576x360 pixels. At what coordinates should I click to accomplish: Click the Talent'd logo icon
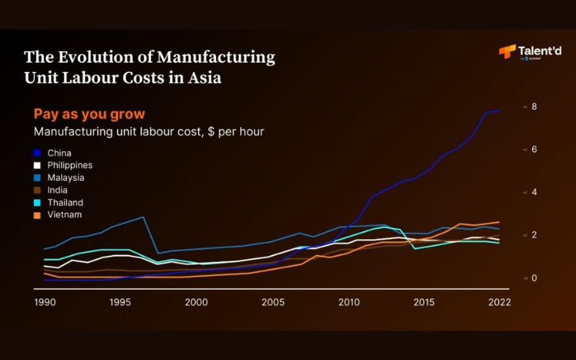click(507, 51)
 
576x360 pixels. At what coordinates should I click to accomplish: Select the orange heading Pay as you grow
click(89, 114)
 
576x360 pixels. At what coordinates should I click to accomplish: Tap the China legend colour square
click(37, 153)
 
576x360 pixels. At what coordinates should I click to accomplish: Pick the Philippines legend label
click(69, 166)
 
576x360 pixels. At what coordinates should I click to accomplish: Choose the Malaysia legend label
click(66, 178)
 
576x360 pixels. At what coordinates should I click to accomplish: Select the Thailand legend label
click(66, 202)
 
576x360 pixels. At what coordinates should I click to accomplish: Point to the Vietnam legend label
click(64, 215)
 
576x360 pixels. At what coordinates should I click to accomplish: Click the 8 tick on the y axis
click(534, 107)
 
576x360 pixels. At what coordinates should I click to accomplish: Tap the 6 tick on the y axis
click(534, 150)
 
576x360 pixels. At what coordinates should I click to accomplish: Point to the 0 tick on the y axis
click(534, 278)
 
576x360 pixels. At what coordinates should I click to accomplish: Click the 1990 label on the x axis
click(45, 302)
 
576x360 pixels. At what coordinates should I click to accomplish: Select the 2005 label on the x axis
click(272, 302)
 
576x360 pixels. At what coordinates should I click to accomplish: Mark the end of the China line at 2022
click(499, 110)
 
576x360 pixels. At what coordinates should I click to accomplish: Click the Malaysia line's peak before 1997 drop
click(143, 217)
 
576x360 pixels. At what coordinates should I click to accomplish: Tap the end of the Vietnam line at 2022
click(499, 222)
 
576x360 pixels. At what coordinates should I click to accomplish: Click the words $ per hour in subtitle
click(233, 132)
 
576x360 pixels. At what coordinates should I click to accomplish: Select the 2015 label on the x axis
click(424, 302)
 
